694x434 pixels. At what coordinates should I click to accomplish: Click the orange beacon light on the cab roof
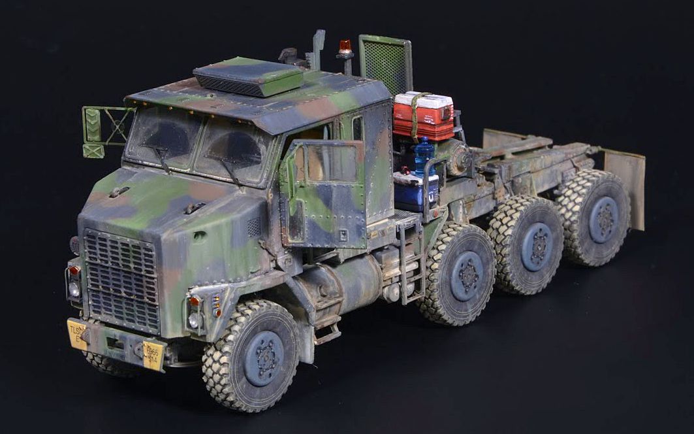point(345,48)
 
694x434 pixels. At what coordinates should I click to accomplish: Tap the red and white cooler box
point(423,115)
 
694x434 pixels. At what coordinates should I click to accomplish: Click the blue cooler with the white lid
point(416,190)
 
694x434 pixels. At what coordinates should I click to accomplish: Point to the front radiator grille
point(122,278)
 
